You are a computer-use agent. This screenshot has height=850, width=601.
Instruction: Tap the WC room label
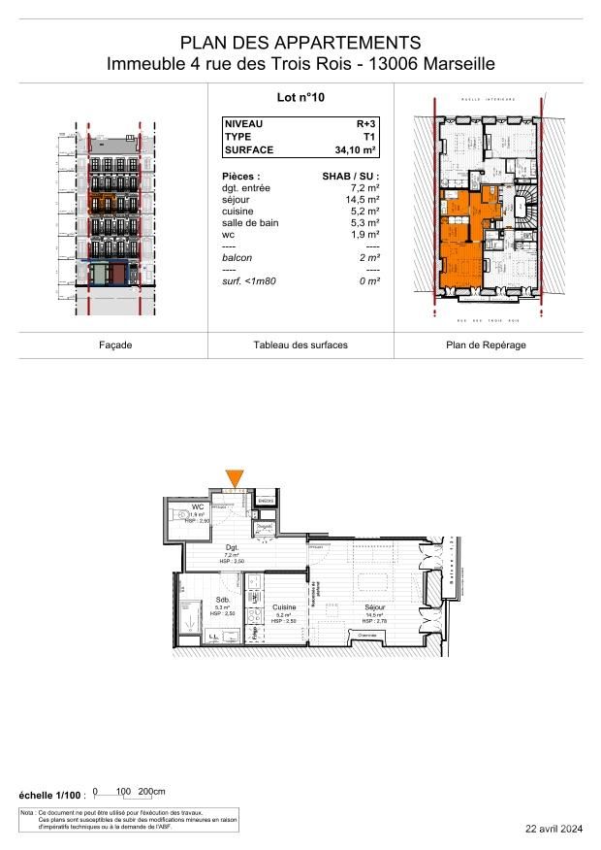[x=197, y=507]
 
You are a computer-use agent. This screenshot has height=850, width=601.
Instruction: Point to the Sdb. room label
[x=221, y=601]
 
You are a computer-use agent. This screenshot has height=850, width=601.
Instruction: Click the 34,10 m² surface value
[x=353, y=150]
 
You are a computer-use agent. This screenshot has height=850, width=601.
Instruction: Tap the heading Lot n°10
[x=300, y=97]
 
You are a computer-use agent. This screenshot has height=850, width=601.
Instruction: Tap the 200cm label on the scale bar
[x=153, y=791]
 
